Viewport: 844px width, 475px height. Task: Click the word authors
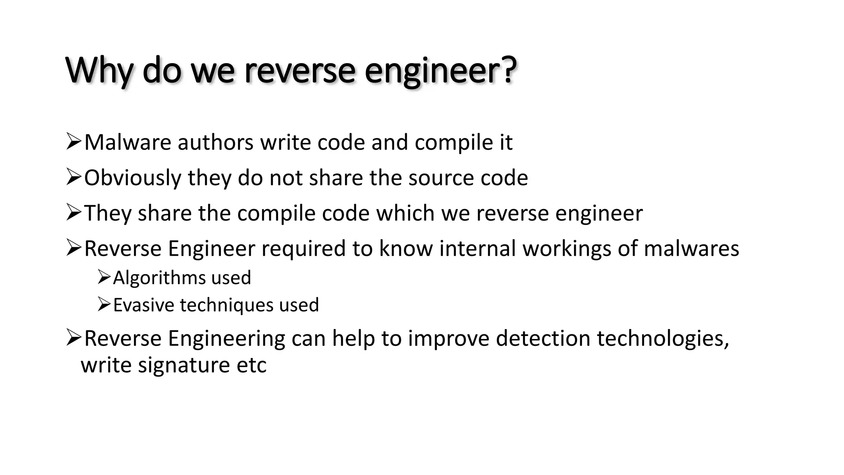click(x=216, y=143)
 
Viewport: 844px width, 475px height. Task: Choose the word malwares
click(x=691, y=249)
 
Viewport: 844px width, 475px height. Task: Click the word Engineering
click(x=226, y=339)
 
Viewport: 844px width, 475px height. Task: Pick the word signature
click(x=184, y=365)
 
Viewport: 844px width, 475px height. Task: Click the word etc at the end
click(x=251, y=365)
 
